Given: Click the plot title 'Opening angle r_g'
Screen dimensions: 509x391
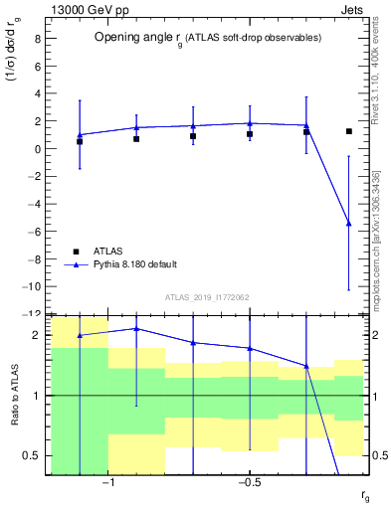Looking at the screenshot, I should tap(207, 38).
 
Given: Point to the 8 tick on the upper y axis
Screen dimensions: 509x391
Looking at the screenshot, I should tap(37, 40).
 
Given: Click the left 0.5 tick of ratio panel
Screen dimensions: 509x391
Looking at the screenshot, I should tap(34, 455).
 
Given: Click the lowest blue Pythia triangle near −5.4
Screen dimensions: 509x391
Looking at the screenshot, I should tap(348, 224).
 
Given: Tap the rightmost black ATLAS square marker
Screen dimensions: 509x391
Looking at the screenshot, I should tap(348, 131).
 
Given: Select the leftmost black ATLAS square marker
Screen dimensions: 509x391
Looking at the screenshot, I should tap(80, 142).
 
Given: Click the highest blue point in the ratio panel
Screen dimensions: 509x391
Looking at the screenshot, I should tap(136, 328).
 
